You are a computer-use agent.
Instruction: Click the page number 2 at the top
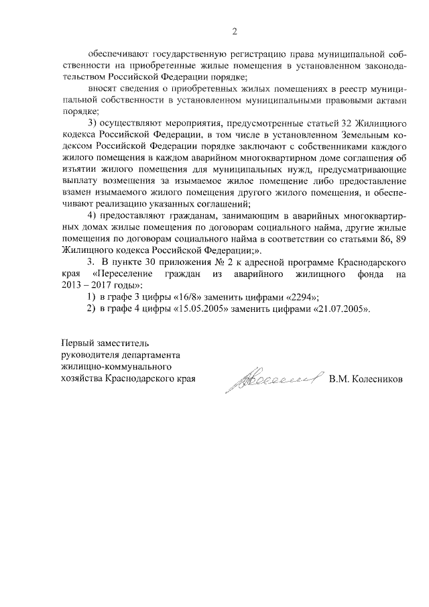click(235, 30)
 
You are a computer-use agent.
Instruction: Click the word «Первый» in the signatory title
click(78, 344)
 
